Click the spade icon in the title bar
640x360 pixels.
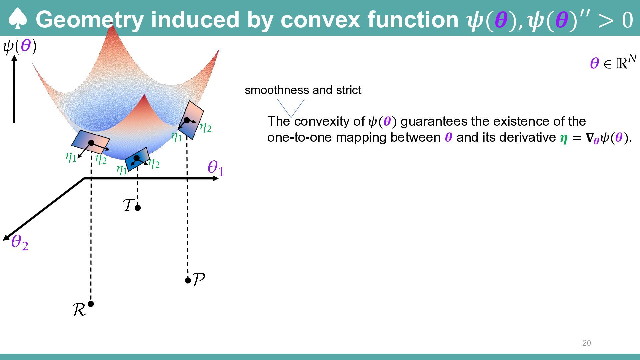tap(17, 19)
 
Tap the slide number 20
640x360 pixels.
tap(587, 343)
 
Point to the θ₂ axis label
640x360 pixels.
tap(20, 242)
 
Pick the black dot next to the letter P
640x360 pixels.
tap(188, 280)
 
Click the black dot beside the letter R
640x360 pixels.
tap(91, 304)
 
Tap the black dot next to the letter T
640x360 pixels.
tap(138, 208)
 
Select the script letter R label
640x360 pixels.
tap(79, 310)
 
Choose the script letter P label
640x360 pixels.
tap(199, 279)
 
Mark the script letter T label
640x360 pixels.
tap(129, 205)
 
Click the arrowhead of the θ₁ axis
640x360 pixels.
tap(216, 179)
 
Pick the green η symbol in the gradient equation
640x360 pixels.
tap(564, 138)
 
